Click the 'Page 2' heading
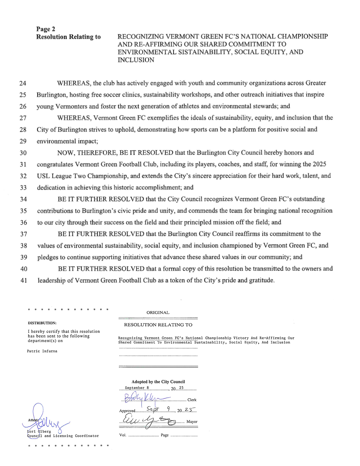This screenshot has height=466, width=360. coord(45,29)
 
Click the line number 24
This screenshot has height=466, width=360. coord(23,83)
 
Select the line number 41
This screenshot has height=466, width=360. coord(24,281)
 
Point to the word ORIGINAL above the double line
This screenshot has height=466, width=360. coord(158,313)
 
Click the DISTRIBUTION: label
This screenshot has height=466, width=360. coord(42,323)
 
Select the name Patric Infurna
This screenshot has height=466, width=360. coord(42,351)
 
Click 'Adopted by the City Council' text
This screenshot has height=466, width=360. coord(158,382)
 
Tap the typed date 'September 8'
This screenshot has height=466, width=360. coord(137,388)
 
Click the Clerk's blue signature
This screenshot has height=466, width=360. coord(144,398)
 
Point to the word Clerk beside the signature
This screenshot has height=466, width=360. coord(192,400)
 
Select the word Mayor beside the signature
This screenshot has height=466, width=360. coord(192,422)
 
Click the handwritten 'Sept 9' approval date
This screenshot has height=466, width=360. coord(158,409)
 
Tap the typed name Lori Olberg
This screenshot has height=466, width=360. coord(39,432)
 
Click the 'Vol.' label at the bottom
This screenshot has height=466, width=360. coord(123,435)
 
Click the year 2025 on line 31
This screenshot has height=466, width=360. coord(319,164)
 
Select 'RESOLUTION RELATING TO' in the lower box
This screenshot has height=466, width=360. coord(158,325)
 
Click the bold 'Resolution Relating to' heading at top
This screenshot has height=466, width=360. coord(68,37)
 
